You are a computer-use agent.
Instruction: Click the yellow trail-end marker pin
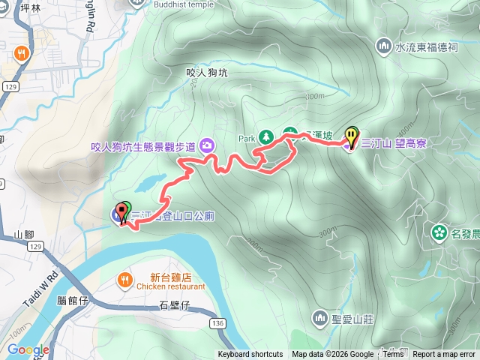(x=352, y=136)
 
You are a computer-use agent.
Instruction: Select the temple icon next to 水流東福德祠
(x=384, y=46)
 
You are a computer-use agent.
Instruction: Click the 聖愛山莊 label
(x=352, y=319)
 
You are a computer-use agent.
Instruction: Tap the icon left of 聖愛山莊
(x=320, y=319)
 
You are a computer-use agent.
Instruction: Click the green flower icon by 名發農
(x=439, y=232)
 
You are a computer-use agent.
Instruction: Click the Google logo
(x=28, y=349)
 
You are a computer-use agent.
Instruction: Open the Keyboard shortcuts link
(x=250, y=355)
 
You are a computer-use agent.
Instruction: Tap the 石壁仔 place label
(x=175, y=304)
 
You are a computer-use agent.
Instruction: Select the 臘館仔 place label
(x=73, y=301)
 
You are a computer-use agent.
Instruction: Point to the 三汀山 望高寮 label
(x=394, y=142)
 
